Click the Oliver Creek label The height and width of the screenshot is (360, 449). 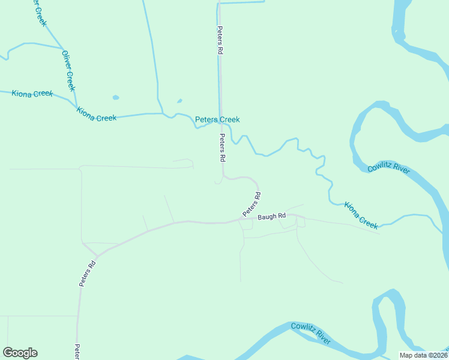pos(69,71)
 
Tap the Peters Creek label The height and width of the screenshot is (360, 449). pos(217,120)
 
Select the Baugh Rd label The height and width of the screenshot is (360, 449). pos(272,217)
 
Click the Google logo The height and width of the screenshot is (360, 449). pos(20,353)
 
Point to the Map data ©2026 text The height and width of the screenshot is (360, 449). pos(424,355)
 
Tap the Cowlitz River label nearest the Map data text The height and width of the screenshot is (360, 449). pos(311,334)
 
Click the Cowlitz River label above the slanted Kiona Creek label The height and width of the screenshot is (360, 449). pos(389,167)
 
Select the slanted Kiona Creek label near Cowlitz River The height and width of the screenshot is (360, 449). pos(361,215)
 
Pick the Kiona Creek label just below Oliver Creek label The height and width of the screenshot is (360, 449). pos(97,113)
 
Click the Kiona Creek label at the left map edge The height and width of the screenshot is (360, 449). pos(32,94)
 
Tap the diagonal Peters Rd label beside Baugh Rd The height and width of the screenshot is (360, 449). pos(252,205)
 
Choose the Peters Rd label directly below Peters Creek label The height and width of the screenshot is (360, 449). pos(222,148)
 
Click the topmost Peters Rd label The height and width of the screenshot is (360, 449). pos(220,41)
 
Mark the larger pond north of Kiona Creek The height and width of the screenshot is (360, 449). pos(115,97)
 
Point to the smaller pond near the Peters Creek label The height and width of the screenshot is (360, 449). pos(179,101)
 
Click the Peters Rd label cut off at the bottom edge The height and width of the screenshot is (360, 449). pos(77,352)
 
